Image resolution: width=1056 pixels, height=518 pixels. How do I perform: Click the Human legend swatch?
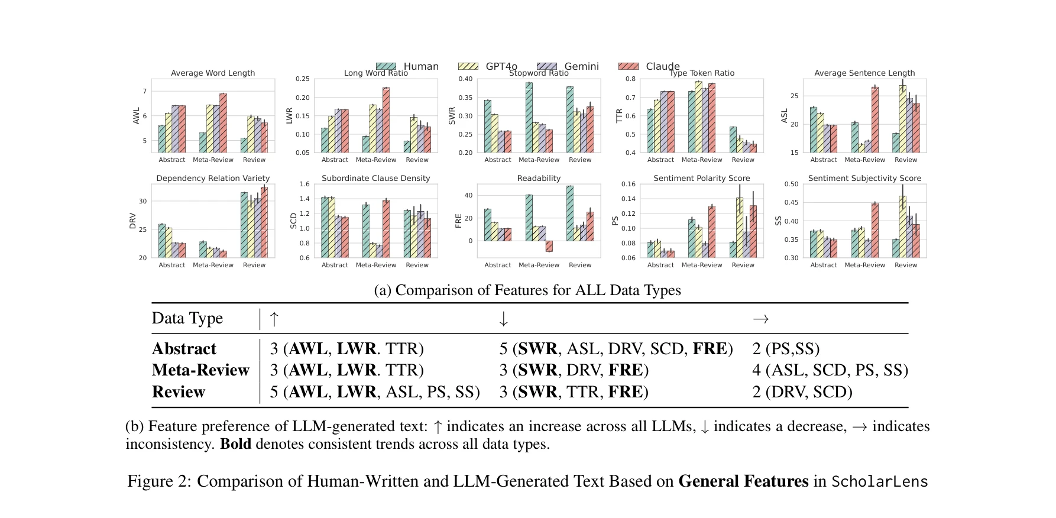point(386,66)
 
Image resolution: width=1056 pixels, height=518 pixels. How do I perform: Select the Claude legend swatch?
point(629,66)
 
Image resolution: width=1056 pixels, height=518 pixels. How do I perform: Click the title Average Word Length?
point(213,73)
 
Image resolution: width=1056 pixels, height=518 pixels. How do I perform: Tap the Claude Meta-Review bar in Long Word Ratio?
point(386,120)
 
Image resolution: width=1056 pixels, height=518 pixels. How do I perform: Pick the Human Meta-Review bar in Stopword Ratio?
point(529,117)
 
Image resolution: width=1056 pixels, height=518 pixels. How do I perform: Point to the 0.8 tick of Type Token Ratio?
point(630,79)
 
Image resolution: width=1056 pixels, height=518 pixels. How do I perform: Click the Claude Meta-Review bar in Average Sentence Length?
point(874,119)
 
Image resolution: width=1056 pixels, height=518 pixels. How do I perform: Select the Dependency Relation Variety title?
point(213,178)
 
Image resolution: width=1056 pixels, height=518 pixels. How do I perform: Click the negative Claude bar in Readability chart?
point(549,246)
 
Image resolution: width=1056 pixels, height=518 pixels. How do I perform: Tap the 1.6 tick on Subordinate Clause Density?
point(305,184)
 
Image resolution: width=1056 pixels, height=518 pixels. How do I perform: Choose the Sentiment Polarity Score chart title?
point(701,178)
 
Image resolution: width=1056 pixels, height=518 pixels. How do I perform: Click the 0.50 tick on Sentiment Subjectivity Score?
point(791,184)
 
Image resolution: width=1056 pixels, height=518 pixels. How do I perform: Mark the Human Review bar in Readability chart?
point(570,213)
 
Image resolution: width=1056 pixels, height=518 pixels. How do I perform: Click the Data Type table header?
point(187,318)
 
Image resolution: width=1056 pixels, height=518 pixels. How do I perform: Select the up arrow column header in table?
point(274,319)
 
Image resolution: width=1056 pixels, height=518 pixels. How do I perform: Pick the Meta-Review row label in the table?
point(200,370)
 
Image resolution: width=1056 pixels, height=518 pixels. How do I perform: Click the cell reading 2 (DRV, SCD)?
point(802,392)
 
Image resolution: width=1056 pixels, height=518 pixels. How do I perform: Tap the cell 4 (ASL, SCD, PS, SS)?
point(830,370)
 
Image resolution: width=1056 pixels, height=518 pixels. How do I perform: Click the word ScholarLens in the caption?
point(879,481)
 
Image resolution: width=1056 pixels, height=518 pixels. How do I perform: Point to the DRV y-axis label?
point(133,221)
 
